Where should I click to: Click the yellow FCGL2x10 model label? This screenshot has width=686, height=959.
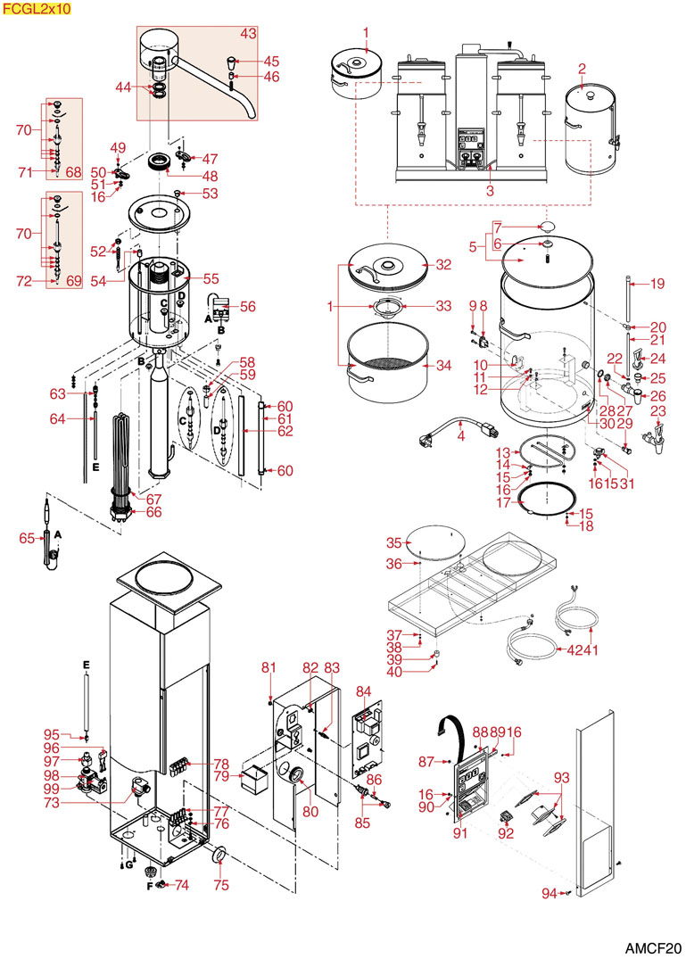(35, 8)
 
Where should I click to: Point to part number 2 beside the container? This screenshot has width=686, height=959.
(582, 69)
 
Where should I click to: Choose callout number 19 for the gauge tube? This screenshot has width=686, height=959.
(657, 285)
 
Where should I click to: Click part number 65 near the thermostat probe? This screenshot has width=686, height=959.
(27, 538)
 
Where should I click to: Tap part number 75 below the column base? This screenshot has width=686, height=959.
(220, 885)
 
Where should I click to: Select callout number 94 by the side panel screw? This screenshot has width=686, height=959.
(550, 893)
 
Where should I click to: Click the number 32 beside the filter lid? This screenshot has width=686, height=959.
(444, 265)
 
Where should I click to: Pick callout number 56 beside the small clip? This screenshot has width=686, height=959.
(247, 305)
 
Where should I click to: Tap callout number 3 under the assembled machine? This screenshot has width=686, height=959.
(489, 191)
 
